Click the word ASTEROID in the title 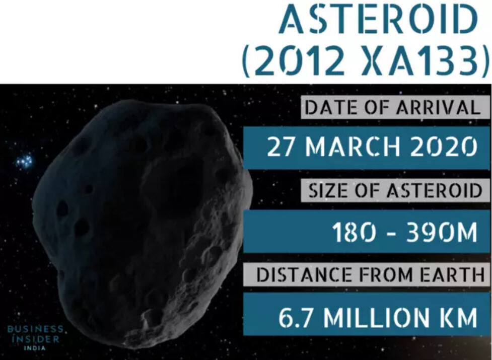tap(378, 20)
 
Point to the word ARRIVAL tap(438, 108)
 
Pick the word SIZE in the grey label tap(328, 190)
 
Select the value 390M tap(442, 232)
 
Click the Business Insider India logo tap(35, 338)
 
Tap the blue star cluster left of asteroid tap(25, 161)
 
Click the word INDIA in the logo tap(35, 348)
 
